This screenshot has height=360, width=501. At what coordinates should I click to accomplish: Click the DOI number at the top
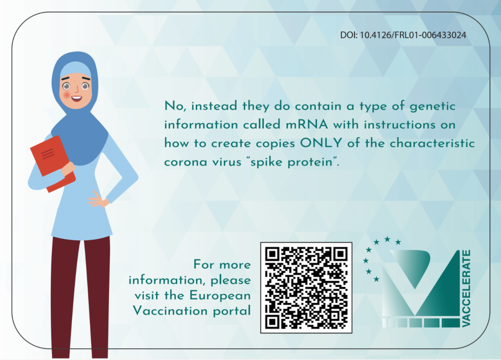pyautogui.click(x=403, y=35)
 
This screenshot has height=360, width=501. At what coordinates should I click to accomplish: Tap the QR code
pyautogui.click(x=306, y=288)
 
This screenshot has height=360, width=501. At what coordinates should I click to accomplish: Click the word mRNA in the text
pyautogui.click(x=307, y=124)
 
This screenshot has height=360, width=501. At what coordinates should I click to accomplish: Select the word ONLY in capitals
pyautogui.click(x=321, y=143)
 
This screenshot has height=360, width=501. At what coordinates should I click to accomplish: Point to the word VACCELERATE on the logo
pyautogui.click(x=466, y=289)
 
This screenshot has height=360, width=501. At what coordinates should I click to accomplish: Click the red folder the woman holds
pyautogui.click(x=53, y=163)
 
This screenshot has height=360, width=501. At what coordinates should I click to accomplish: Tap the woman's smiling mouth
pyautogui.click(x=76, y=98)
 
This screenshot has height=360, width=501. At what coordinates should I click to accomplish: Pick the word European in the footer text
pyautogui.click(x=220, y=296)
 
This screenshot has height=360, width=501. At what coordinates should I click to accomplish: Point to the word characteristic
pyautogui.click(x=432, y=143)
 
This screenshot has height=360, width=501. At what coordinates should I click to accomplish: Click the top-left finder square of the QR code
pyautogui.click(x=273, y=254)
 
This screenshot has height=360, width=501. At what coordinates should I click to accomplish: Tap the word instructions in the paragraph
pyautogui.click(x=399, y=124)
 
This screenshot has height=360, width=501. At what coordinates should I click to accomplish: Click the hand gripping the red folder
pyautogui.click(x=68, y=168)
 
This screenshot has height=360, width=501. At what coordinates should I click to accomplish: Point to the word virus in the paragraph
pyautogui.click(x=227, y=161)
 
